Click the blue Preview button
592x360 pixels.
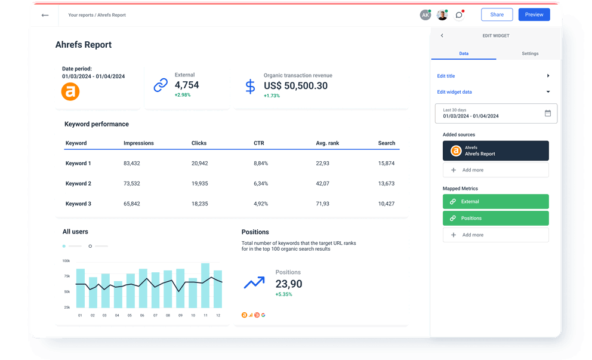coord(534,15)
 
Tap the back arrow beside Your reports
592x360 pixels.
coord(45,15)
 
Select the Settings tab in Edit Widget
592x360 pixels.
coord(529,54)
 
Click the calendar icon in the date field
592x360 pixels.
coord(548,113)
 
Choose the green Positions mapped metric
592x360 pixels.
coord(495,218)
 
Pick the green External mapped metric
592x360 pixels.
coord(495,202)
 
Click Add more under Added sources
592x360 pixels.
coord(495,170)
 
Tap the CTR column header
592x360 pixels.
coord(259,143)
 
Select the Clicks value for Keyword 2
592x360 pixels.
coord(200,183)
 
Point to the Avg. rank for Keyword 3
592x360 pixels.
coord(322,204)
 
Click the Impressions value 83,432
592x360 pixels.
coord(132,163)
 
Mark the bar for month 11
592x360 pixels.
coord(205,285)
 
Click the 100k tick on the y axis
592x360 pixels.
coord(66,261)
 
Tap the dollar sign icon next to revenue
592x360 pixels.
coord(250,86)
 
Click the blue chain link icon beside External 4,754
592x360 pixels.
coord(161,85)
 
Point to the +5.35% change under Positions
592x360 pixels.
coord(284,294)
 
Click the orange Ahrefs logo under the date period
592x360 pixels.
coord(70,91)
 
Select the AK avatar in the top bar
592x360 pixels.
coord(425,15)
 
